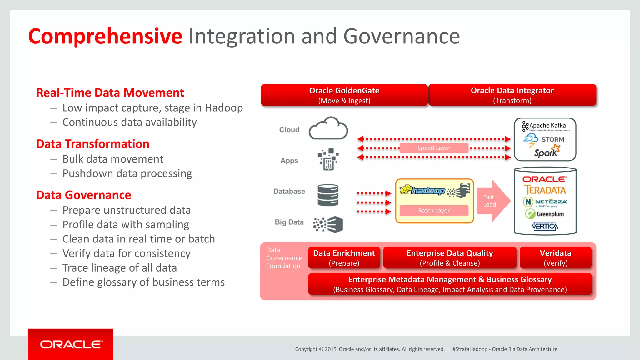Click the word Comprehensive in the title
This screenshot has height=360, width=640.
[105, 36]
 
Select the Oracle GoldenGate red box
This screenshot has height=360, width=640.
[344, 95]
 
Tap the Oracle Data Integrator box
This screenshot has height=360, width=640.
[512, 95]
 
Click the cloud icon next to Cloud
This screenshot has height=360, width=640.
[328, 129]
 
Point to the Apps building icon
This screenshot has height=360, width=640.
[328, 159]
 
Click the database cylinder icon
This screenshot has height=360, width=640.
[328, 195]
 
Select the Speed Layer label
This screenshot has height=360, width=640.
[434, 148]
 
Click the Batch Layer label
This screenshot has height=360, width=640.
[434, 211]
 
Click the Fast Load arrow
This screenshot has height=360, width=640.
[493, 201]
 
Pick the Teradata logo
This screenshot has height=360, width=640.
[545, 190]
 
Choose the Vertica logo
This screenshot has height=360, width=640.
[545, 226]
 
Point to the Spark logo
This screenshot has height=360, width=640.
[547, 152]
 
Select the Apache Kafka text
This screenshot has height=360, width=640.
[547, 125]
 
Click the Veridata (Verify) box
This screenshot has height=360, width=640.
[555, 257]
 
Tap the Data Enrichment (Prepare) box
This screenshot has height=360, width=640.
[344, 257]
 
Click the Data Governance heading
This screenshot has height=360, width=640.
[83, 195]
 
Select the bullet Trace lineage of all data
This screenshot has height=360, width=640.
[119, 268]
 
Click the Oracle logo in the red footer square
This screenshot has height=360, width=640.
[71, 344]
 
